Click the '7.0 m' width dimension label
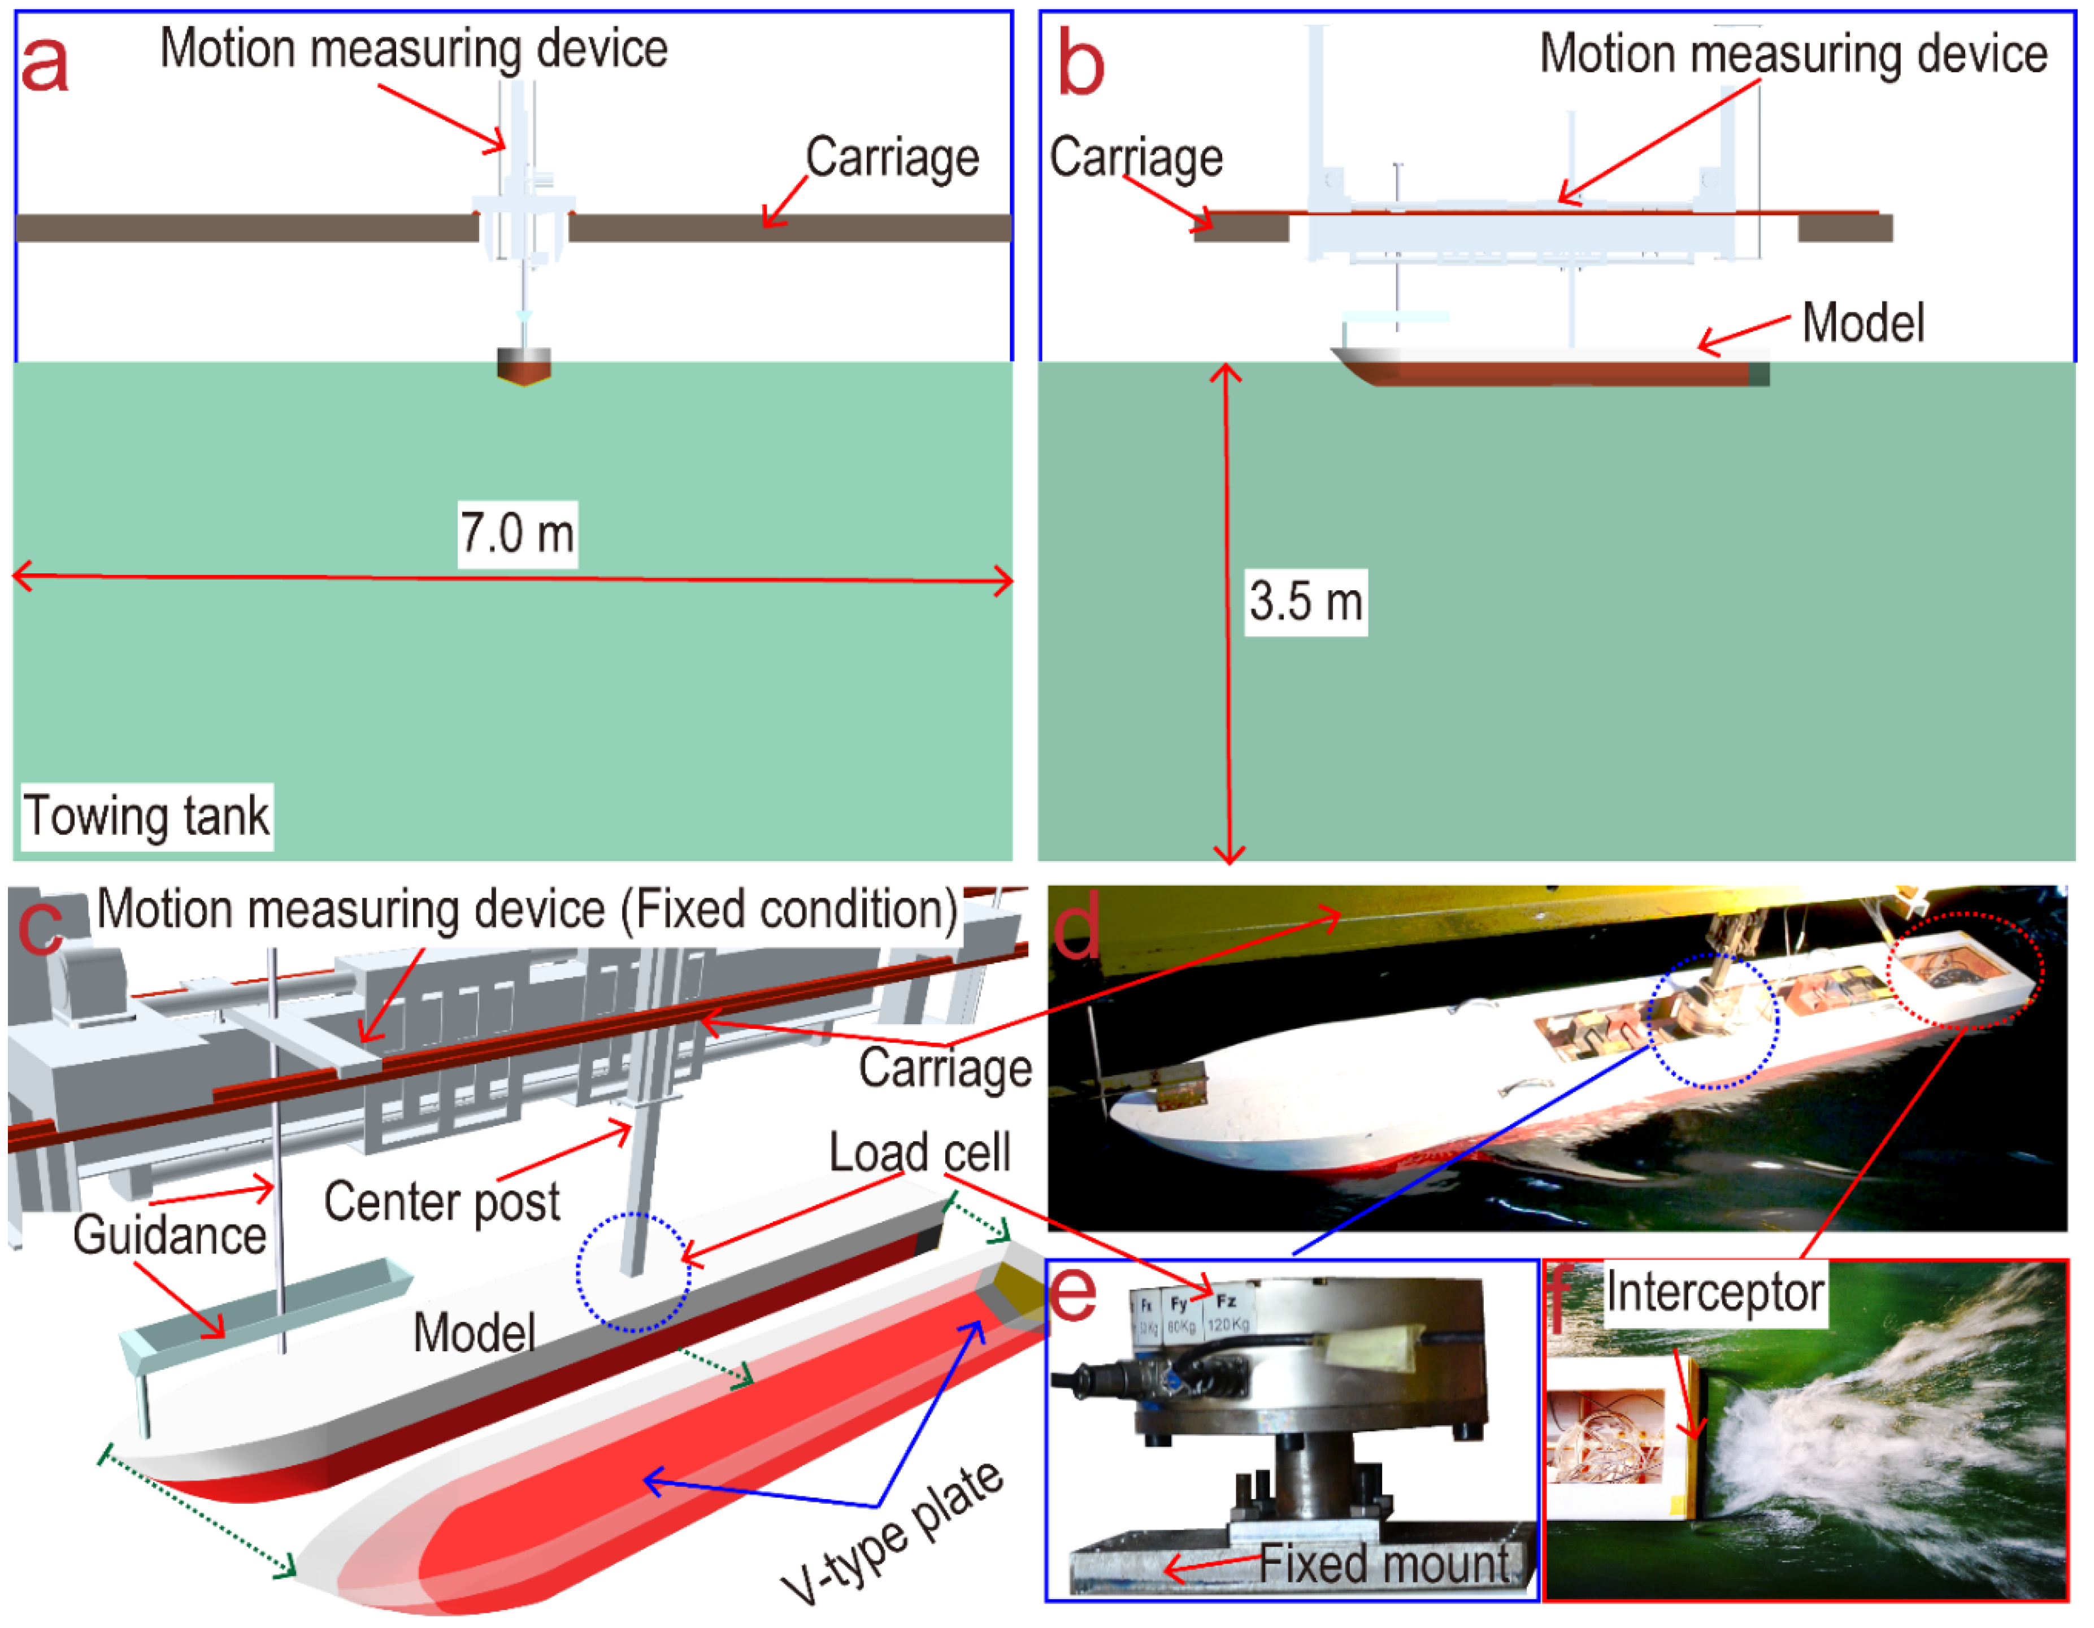[x=517, y=534]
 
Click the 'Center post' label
[x=442, y=1202]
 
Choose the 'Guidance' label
[x=170, y=1235]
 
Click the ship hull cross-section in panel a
[x=523, y=366]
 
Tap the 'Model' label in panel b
[x=1862, y=323]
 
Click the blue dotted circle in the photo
[x=1713, y=1021]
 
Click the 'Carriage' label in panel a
[x=892, y=158]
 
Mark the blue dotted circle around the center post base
[x=633, y=1272]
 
